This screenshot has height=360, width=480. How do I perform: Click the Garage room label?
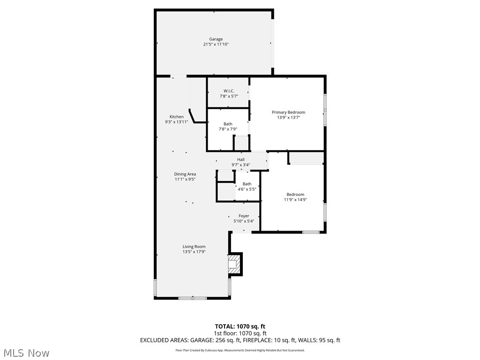click(x=216, y=39)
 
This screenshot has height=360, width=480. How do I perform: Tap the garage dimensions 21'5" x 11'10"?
click(x=216, y=45)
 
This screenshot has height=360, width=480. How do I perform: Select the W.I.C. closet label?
click(x=229, y=90)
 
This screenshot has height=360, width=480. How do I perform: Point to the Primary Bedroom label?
click(x=288, y=112)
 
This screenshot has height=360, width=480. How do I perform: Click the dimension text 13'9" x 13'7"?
click(x=288, y=118)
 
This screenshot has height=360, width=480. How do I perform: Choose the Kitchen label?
click(x=176, y=117)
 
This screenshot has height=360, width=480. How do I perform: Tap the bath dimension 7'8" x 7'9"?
click(x=228, y=129)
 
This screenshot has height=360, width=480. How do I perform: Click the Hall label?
click(x=240, y=159)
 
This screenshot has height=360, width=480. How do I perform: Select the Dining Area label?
click(x=185, y=174)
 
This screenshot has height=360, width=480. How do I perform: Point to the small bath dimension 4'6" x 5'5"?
click(x=247, y=189)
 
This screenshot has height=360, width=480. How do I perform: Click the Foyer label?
click(x=244, y=216)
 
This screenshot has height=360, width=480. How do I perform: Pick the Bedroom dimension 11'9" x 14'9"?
click(x=295, y=200)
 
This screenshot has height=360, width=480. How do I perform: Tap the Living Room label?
click(x=194, y=247)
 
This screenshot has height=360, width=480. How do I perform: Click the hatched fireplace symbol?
click(x=232, y=263)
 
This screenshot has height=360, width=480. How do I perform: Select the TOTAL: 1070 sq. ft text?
click(x=240, y=326)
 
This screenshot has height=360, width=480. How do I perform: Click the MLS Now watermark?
click(x=26, y=352)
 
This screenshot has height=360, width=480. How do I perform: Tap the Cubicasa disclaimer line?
click(x=240, y=350)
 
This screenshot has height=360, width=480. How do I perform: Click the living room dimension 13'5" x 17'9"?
click(x=194, y=252)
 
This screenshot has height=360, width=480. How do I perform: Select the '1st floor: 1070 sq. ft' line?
click(x=240, y=333)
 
